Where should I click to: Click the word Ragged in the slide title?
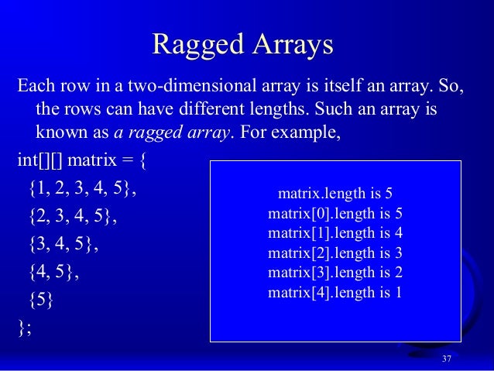(x=198, y=44)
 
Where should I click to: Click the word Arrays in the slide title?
(x=291, y=44)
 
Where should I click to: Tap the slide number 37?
(x=446, y=359)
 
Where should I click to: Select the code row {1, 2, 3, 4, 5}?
(x=82, y=188)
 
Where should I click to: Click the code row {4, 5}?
(x=53, y=272)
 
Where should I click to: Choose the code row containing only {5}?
(x=43, y=300)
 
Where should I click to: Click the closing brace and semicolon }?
(x=25, y=327)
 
